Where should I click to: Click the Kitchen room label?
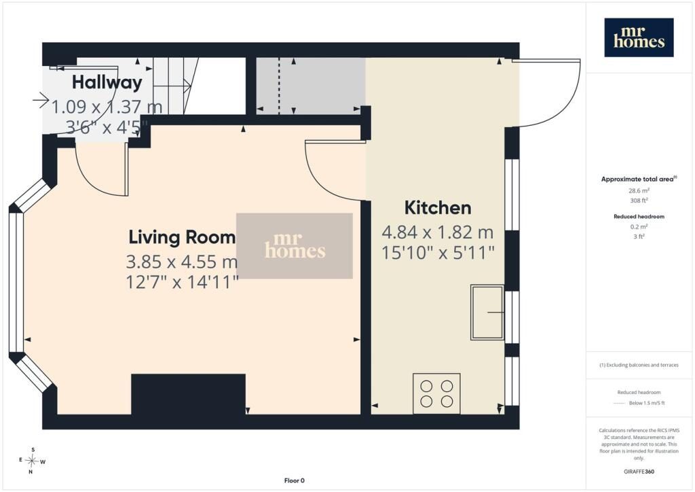(438, 208)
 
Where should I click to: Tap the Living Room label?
(182, 237)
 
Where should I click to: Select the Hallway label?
(107, 82)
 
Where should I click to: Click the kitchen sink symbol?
(487, 313)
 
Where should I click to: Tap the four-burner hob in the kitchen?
(436, 393)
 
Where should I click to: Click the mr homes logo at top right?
(639, 37)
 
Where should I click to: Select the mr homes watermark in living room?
(295, 246)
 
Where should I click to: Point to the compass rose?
(32, 461)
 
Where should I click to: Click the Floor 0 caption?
(295, 480)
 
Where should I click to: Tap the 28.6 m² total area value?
(639, 191)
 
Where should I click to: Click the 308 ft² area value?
(639, 200)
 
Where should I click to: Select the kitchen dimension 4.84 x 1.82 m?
(438, 232)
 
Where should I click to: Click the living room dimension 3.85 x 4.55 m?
(182, 262)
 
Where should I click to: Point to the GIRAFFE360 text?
(639, 471)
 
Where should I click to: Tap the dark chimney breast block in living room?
(189, 394)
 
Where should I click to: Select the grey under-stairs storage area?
(311, 85)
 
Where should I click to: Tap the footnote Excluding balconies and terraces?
(639, 365)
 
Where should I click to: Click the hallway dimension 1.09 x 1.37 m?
(107, 107)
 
